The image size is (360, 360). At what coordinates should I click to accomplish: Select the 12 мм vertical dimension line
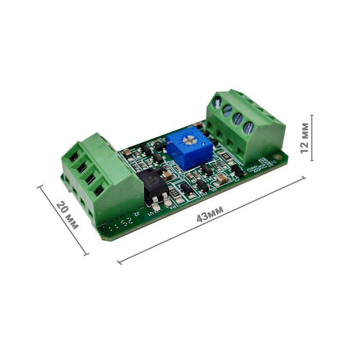[x=312, y=138]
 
